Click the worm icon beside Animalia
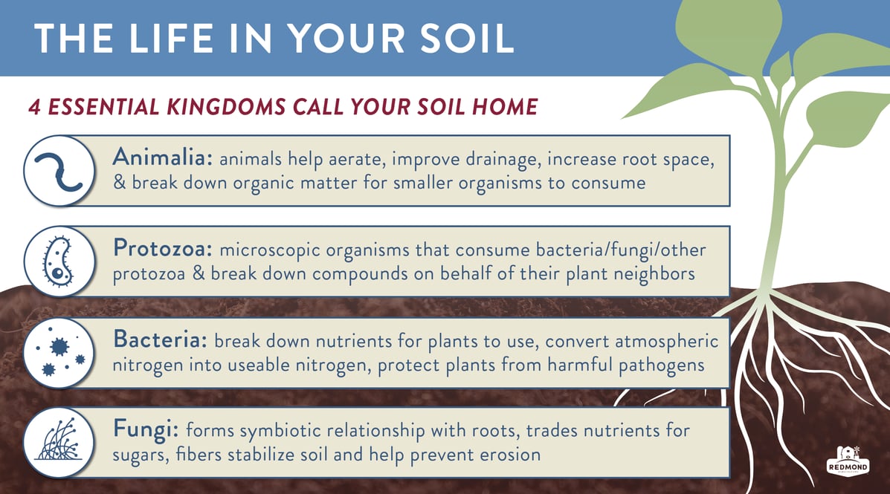[59, 171]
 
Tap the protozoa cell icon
[59, 261]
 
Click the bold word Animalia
[162, 157]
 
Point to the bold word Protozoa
[163, 248]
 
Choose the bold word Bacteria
[161, 339]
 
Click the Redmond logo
[848, 461]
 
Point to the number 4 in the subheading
[35, 107]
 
